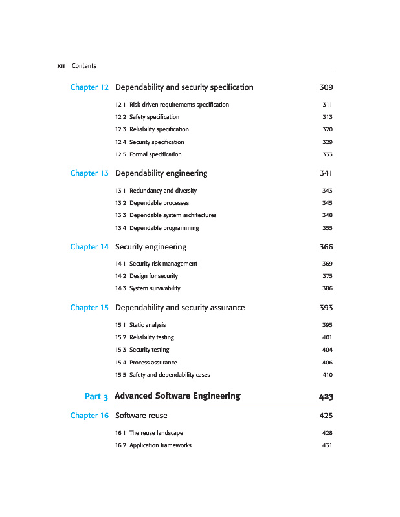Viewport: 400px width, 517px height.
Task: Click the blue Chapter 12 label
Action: click(x=89, y=87)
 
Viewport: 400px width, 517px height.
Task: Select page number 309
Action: click(x=326, y=87)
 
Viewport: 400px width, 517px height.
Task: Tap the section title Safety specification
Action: click(x=154, y=117)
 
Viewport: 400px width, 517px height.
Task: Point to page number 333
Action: click(x=327, y=154)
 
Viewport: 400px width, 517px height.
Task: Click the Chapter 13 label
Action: click(x=89, y=173)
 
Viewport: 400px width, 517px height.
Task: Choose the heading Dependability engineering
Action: click(x=161, y=173)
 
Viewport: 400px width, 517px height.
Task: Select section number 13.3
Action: click(x=120, y=215)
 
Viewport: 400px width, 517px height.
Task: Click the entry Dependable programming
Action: click(x=164, y=228)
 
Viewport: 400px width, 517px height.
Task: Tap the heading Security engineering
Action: click(x=151, y=247)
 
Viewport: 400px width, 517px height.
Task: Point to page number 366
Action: click(x=326, y=247)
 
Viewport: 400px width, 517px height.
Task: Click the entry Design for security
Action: click(x=153, y=276)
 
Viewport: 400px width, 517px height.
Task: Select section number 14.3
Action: click(x=120, y=288)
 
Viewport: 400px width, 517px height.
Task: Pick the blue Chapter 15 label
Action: click(x=89, y=308)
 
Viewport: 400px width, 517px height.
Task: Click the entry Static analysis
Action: click(x=148, y=325)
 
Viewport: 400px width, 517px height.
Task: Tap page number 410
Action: click(x=327, y=375)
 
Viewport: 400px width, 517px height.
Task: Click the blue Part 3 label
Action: click(x=96, y=396)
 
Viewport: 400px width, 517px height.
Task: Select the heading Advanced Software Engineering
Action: click(x=177, y=396)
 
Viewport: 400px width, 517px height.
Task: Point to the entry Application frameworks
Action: click(x=160, y=445)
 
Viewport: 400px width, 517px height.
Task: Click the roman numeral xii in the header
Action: click(x=61, y=66)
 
